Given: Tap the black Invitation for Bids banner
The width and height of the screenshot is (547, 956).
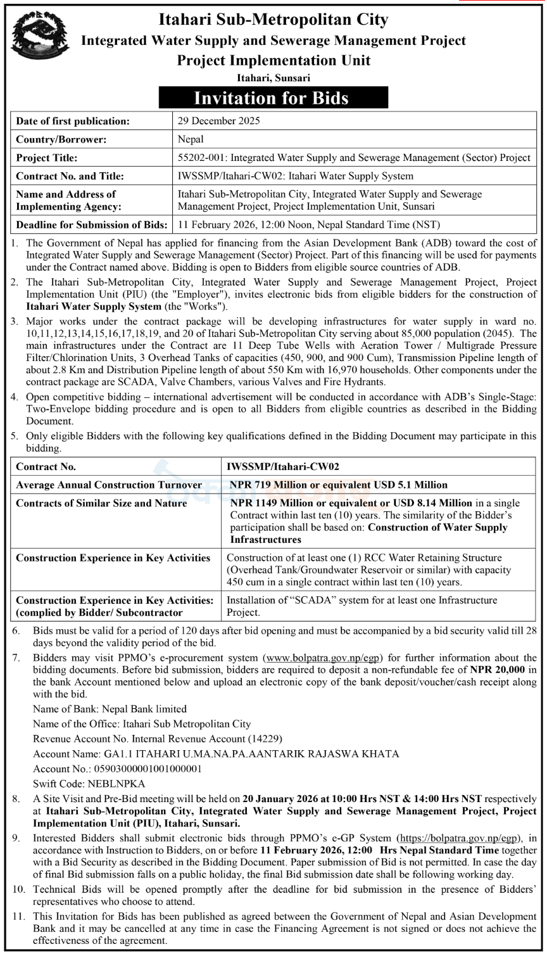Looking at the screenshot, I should (273, 98).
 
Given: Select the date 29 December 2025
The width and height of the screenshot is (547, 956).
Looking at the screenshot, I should (218, 121).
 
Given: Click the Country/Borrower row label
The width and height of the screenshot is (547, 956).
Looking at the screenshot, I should (61, 139).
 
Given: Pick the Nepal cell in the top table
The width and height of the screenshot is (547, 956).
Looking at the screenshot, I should (191, 139).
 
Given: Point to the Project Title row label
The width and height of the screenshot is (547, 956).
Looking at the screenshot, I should (47, 158).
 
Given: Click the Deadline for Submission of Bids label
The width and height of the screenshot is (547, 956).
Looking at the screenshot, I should (91, 224).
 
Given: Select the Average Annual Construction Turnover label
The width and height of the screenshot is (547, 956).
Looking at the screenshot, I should (109, 485).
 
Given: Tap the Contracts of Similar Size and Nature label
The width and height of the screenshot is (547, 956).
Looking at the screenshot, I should (101, 503).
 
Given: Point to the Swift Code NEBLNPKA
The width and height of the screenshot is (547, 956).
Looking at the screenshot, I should (89, 784).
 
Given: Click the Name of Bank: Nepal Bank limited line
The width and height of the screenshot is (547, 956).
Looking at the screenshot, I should (110, 709).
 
